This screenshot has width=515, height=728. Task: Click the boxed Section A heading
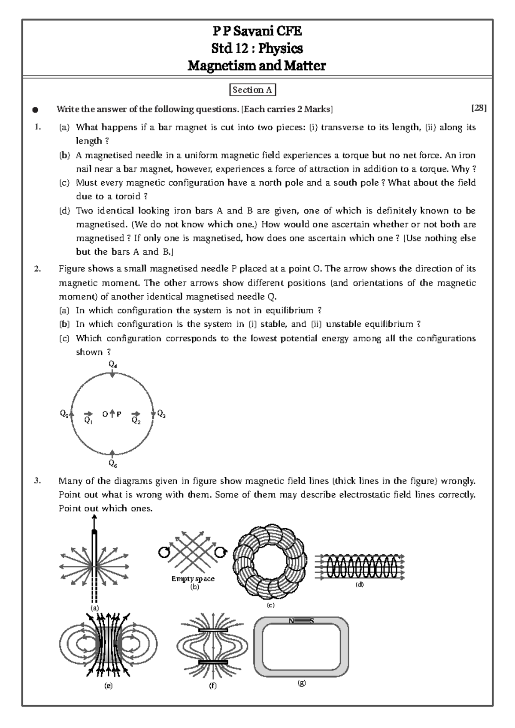coord(252,90)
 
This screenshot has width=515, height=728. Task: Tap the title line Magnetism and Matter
coord(257,66)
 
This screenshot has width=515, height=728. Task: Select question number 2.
coord(38,269)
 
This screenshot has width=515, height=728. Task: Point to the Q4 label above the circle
coord(112,364)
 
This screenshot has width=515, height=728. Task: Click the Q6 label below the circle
coord(112,463)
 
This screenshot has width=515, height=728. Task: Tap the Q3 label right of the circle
coord(161,414)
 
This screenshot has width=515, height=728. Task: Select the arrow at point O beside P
coord(112,414)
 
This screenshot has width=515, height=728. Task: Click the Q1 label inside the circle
coord(88,421)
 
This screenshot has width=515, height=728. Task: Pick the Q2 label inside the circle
coord(136,421)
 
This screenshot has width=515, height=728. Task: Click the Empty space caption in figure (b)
coord(193,579)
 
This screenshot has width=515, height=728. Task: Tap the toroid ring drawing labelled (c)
coord(270,562)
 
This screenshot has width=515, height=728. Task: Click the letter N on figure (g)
coord(291,621)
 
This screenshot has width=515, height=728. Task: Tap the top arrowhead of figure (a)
coord(94,517)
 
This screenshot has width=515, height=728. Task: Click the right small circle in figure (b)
coord(220,552)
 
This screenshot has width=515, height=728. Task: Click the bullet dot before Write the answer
coord(35,110)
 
